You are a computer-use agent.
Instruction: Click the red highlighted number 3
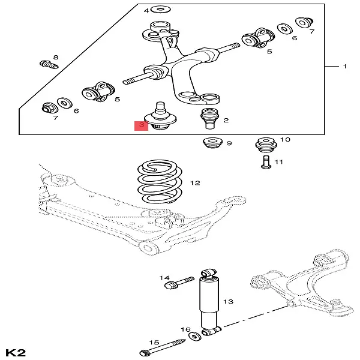click(x=140, y=125)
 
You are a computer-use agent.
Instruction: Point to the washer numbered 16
click(x=196, y=335)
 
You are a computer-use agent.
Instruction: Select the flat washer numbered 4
click(x=160, y=10)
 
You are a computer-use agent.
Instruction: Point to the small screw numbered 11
click(x=265, y=162)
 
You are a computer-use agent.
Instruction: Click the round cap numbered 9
click(x=212, y=144)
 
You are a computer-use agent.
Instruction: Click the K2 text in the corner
click(x=16, y=351)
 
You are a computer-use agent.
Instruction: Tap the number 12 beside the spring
click(x=194, y=183)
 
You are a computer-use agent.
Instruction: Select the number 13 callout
click(x=229, y=301)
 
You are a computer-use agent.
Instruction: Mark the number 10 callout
click(x=285, y=140)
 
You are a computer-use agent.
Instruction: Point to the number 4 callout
click(x=146, y=11)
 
